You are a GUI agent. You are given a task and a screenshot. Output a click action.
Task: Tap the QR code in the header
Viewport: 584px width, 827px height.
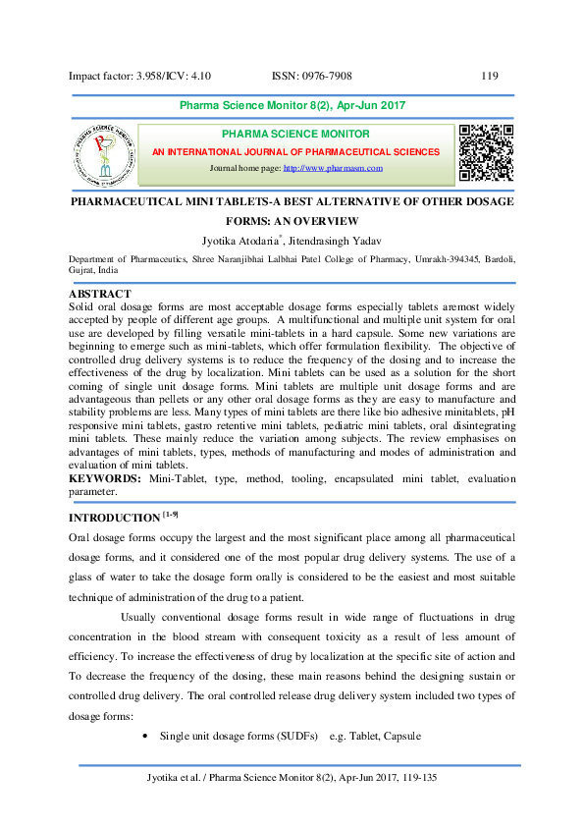coord(486,152)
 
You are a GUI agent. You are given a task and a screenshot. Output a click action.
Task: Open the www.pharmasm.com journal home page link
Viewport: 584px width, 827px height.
coord(333,169)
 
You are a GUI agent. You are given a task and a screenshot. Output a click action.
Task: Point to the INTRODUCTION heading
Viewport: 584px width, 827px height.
coord(113,518)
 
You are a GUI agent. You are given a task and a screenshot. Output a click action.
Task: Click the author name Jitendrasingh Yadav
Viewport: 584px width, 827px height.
coord(355,239)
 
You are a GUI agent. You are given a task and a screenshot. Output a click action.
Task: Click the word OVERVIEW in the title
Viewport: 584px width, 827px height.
coord(327,221)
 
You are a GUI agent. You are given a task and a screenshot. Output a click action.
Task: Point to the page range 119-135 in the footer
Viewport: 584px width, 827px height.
coord(424,779)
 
